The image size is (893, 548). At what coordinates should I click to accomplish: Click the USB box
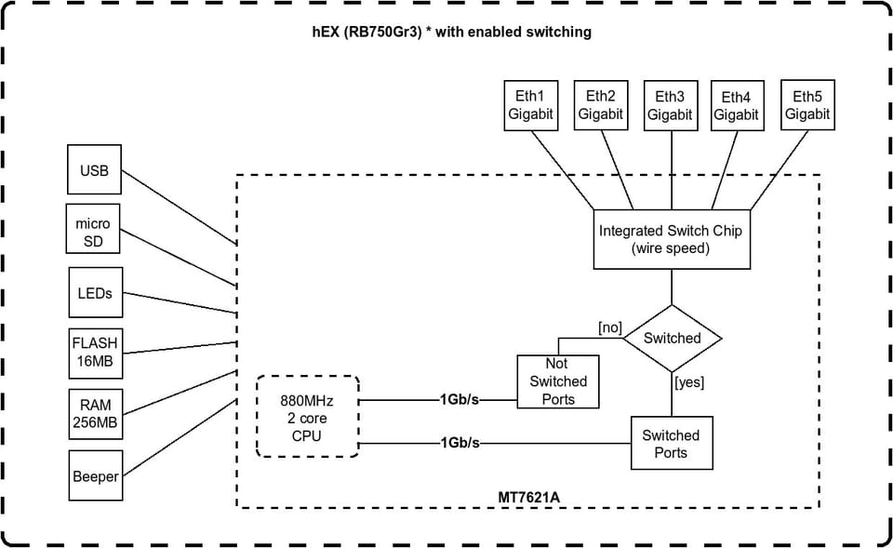[x=94, y=169]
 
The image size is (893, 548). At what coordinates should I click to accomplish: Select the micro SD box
[x=93, y=229]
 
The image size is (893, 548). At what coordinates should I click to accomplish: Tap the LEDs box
[x=96, y=292]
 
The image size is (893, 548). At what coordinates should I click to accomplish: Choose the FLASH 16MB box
[x=96, y=354]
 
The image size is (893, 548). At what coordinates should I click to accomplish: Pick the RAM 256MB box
[x=96, y=414]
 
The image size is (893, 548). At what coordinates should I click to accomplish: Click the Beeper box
[x=96, y=475]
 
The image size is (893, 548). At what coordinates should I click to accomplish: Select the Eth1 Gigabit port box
[x=531, y=105]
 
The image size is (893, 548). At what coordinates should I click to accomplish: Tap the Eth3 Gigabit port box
[x=671, y=105]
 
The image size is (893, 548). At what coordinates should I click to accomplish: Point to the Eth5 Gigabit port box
[x=807, y=105]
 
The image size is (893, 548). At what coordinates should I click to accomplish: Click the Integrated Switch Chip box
[x=672, y=239]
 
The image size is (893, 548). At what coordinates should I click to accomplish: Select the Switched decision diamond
[x=672, y=339]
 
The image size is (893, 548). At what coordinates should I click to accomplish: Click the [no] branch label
[x=610, y=327]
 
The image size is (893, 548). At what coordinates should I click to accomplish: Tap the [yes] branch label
[x=689, y=382]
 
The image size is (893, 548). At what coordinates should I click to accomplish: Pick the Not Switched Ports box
[x=558, y=381]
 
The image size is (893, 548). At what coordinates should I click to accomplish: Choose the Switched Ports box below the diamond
[x=672, y=443]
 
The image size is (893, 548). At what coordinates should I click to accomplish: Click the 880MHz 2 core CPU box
[x=308, y=417]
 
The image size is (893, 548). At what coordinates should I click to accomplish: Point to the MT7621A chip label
[x=529, y=498]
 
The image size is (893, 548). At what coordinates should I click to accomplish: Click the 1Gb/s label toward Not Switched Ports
[x=459, y=399]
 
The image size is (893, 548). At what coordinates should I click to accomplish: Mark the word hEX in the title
[x=326, y=32]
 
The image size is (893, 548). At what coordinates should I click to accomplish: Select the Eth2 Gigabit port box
[x=601, y=105]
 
